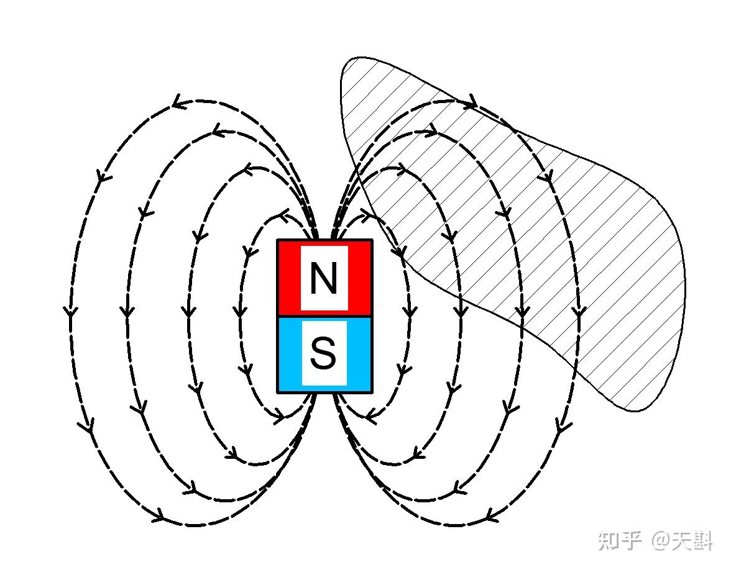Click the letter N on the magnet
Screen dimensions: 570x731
click(323, 279)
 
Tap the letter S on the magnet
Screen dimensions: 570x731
click(323, 354)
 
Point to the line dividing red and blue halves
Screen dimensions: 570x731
click(324, 317)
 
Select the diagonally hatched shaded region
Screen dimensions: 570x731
click(622, 248)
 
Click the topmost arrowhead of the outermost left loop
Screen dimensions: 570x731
click(179, 103)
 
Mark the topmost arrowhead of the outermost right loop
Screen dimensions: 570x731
click(471, 101)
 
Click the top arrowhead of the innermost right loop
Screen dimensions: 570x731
click(365, 216)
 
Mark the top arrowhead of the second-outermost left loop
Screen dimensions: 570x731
click(217, 131)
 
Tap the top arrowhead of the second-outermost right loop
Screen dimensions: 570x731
click(431, 132)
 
